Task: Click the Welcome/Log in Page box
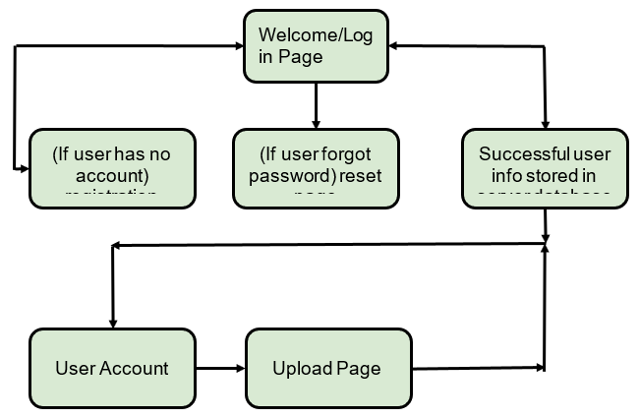[x=316, y=46]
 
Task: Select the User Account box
[x=111, y=368]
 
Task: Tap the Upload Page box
[x=327, y=368]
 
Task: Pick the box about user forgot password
[x=316, y=167]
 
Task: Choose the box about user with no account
[x=111, y=167]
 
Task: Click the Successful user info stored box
[x=545, y=167]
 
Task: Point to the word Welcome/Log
[x=300, y=35]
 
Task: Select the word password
[x=292, y=176]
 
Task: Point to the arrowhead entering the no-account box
[x=25, y=168]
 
